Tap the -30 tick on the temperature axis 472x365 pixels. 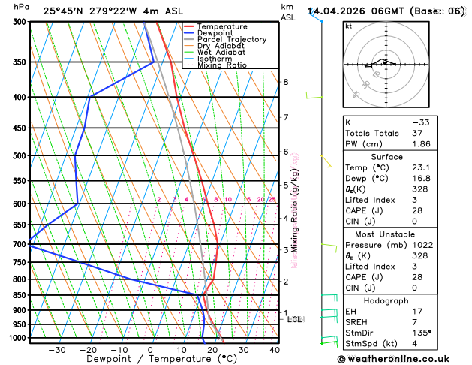pos(56,350)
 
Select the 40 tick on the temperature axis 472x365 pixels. pos(275,350)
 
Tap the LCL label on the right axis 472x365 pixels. pos(294,319)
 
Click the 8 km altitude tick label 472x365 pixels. pos(285,82)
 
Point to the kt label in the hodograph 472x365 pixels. pos(348,26)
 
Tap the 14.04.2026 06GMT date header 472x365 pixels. pos(386,11)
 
